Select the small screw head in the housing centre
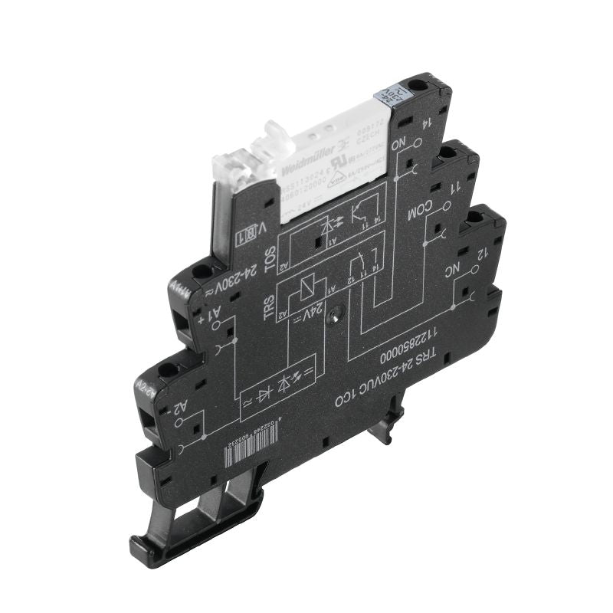(x=333, y=315)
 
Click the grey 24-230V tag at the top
(x=386, y=98)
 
